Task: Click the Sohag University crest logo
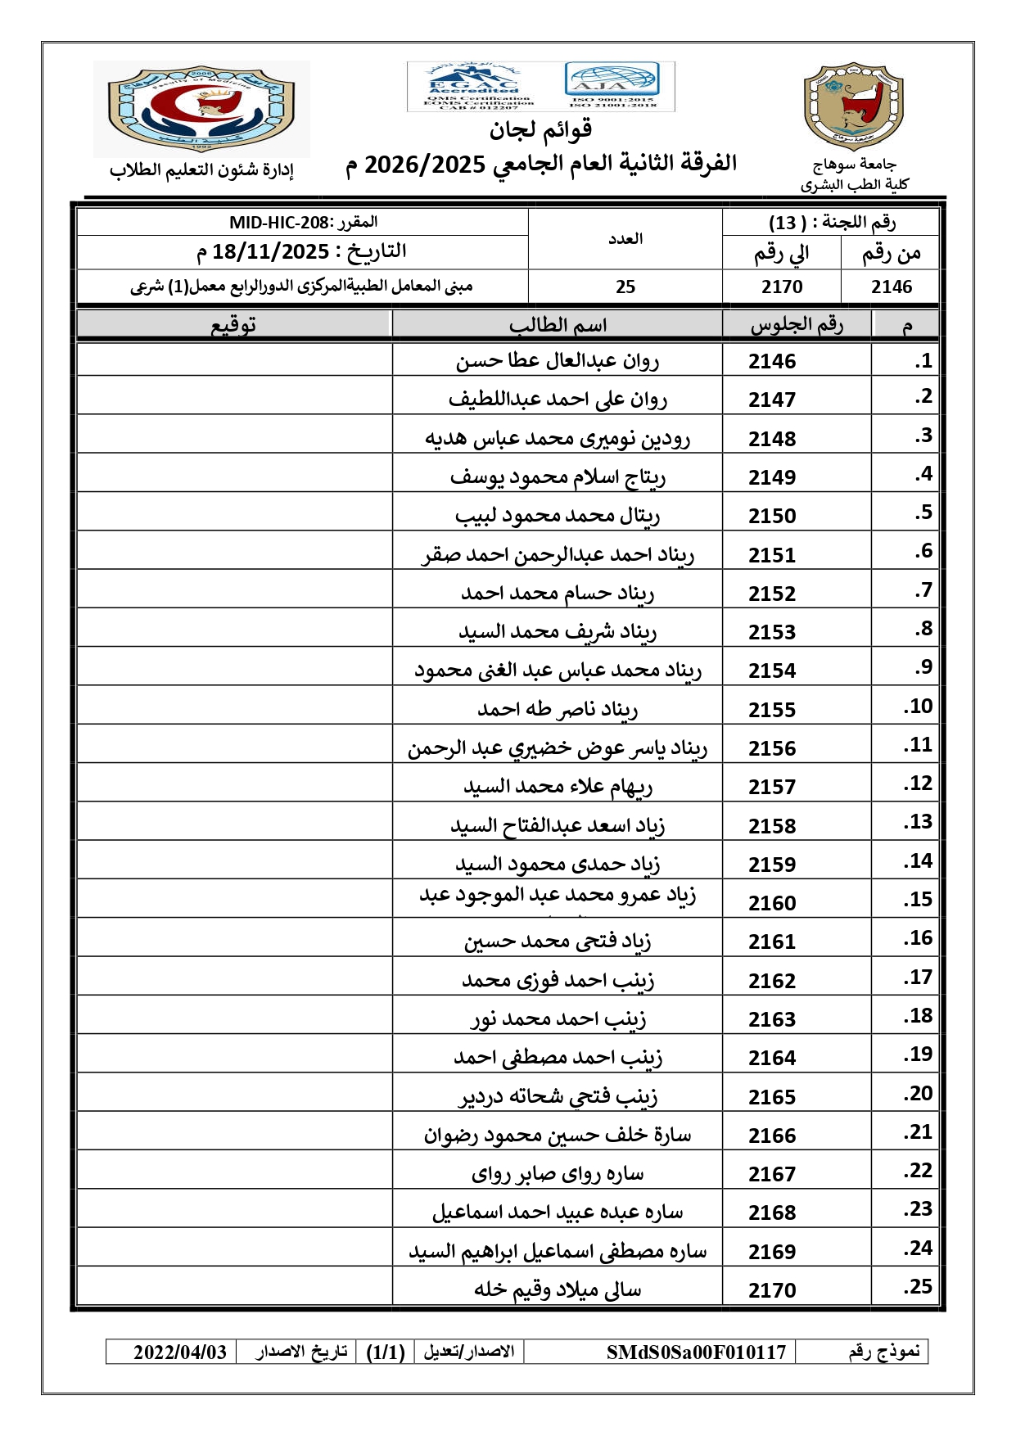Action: point(853,106)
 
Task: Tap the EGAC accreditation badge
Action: point(473,86)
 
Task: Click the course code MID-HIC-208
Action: point(278,223)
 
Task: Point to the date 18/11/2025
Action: point(270,252)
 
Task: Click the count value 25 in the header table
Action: point(625,287)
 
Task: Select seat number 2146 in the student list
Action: point(771,361)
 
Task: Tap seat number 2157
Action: point(771,787)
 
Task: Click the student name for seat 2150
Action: point(558,516)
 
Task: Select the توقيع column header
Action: point(234,325)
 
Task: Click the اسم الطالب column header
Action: point(558,325)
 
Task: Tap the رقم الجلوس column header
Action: point(797,325)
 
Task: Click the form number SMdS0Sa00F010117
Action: point(696,1352)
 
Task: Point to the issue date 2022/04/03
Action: point(180,1352)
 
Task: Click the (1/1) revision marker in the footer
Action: point(386,1352)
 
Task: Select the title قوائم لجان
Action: point(540,129)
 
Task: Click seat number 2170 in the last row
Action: point(771,1290)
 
